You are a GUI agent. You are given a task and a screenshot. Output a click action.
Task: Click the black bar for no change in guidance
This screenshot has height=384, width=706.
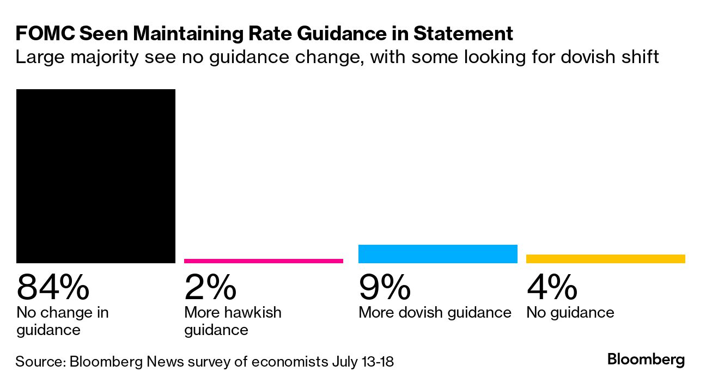(x=96, y=176)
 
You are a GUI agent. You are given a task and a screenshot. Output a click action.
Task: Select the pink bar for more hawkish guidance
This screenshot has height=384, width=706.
(x=264, y=261)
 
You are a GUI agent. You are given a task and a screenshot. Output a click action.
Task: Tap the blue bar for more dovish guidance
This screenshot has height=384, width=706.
(x=437, y=254)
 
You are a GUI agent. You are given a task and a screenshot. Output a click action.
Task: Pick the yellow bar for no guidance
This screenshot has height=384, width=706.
(x=605, y=259)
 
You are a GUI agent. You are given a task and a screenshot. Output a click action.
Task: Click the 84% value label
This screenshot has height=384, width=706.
(x=53, y=287)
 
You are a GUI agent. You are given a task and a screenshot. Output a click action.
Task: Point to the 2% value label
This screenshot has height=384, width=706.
(x=210, y=287)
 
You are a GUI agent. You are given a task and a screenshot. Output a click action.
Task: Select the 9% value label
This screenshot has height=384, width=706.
(x=385, y=287)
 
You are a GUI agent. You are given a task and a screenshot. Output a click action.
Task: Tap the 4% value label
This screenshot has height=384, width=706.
(x=552, y=287)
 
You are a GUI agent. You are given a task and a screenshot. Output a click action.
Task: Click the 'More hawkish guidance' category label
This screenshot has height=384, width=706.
(x=233, y=321)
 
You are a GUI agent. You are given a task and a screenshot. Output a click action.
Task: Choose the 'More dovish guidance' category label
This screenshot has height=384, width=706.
(x=435, y=313)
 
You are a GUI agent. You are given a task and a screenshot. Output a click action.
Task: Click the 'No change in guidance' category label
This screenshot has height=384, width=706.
(x=63, y=321)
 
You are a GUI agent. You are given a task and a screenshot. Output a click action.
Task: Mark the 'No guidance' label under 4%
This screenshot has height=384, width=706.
(x=570, y=313)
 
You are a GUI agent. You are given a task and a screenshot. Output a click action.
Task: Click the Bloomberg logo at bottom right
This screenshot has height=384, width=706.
(x=646, y=360)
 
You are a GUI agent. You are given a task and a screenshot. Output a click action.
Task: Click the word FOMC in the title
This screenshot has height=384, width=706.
(x=45, y=34)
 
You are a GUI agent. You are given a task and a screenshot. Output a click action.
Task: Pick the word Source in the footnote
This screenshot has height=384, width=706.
(x=39, y=362)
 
